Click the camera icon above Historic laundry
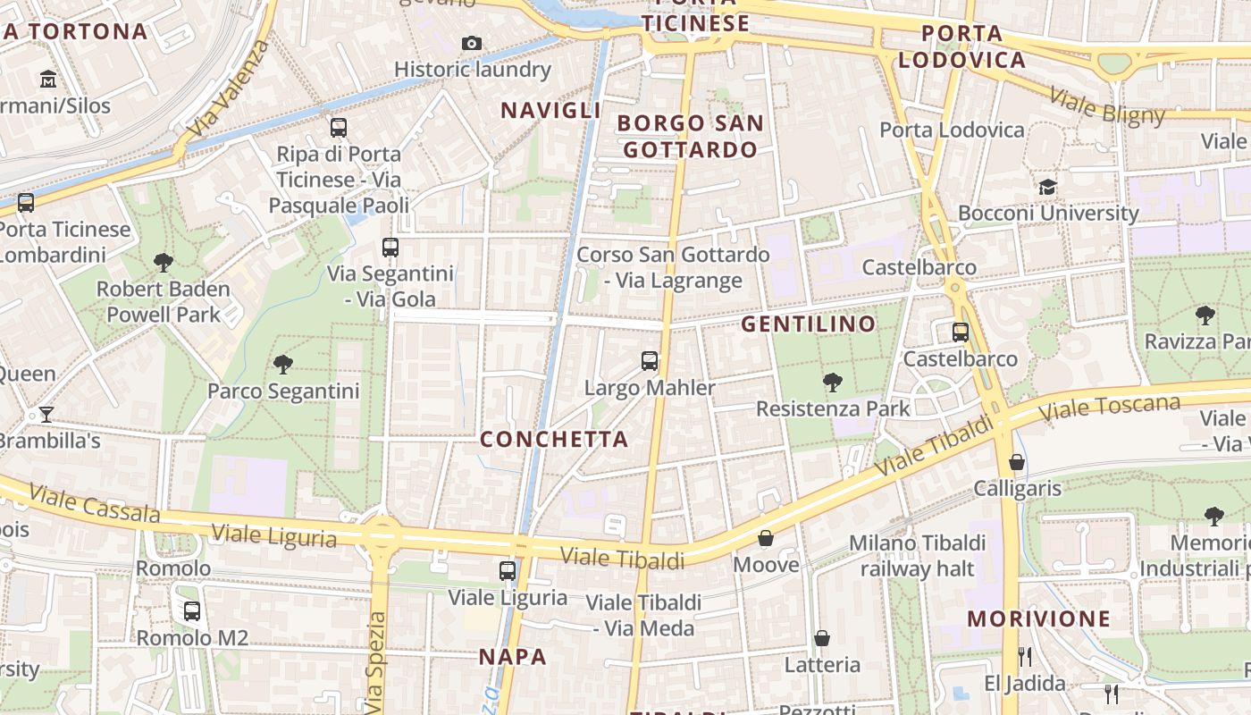click(472, 43)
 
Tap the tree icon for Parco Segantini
click(283, 364)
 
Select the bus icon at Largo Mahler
click(650, 361)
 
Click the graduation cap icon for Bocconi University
click(1047, 187)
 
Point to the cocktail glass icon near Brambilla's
click(46, 414)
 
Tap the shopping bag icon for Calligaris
click(1017, 461)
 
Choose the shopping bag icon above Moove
click(766, 537)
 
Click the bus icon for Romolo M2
click(192, 611)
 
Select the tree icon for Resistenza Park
click(833, 382)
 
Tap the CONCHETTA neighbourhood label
click(554, 439)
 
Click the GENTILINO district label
click(809, 324)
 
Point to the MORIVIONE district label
click(1038, 618)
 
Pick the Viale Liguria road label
click(274, 536)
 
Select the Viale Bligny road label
click(1107, 106)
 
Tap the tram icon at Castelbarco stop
click(961, 332)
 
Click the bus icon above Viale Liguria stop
click(508, 570)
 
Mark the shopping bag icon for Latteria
click(822, 638)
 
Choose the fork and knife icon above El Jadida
click(1025, 657)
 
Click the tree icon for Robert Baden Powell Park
click(164, 262)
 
